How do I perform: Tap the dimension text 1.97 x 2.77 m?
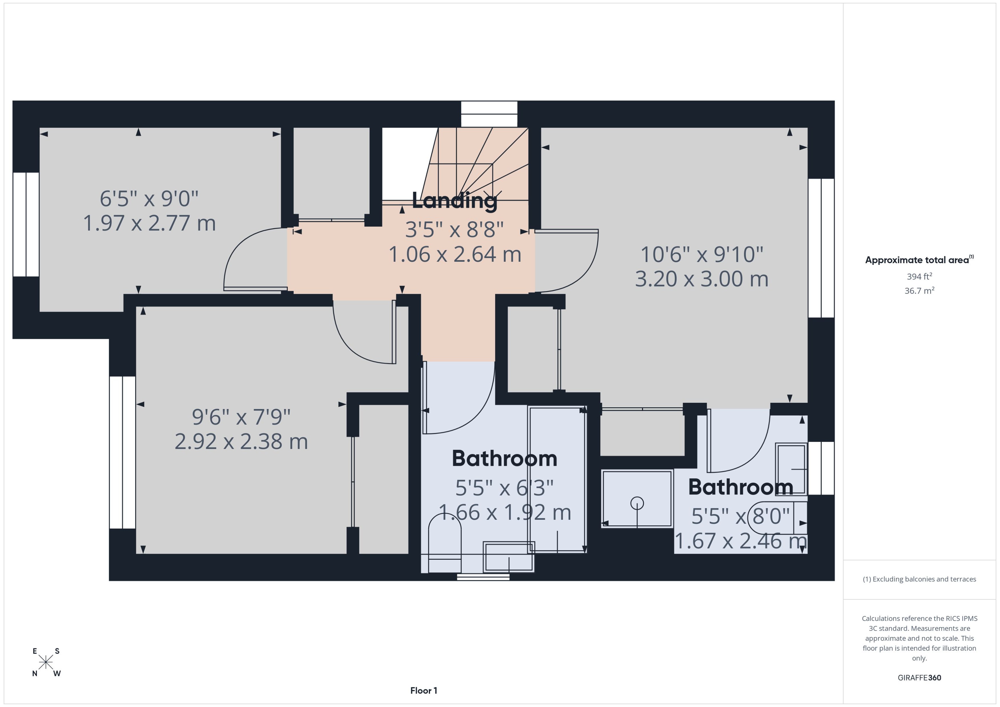pos(149,223)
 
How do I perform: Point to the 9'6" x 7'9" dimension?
pos(241,417)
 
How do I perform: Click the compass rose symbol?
pos(46,662)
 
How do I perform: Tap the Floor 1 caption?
pos(423,690)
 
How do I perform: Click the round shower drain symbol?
pos(637,503)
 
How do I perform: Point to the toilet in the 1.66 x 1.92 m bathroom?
pos(445,544)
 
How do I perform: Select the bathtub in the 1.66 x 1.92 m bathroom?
pos(557,479)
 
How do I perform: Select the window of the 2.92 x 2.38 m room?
pos(123,452)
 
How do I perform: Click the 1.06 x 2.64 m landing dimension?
pos(455,255)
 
